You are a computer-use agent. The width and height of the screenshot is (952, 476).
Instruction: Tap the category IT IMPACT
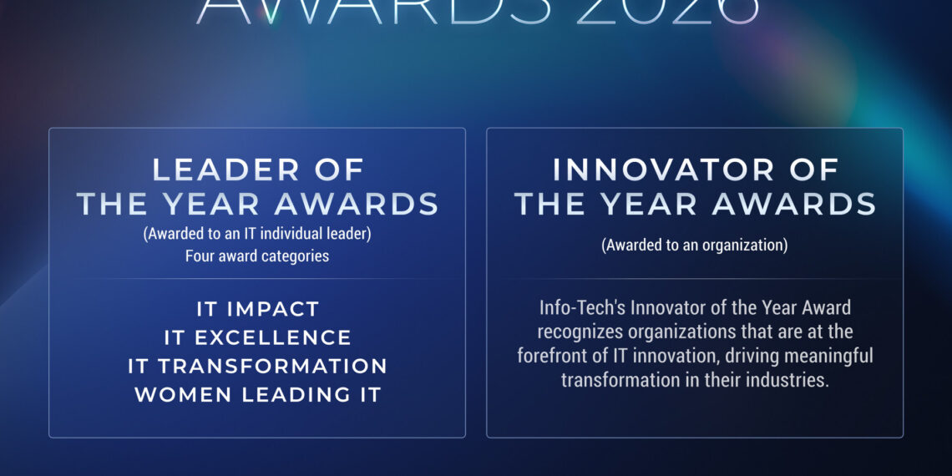[257, 309]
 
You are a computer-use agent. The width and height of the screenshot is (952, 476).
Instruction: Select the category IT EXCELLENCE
[257, 337]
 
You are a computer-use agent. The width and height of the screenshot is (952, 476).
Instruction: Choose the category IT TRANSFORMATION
[257, 366]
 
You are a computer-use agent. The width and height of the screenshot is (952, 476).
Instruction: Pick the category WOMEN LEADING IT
[257, 394]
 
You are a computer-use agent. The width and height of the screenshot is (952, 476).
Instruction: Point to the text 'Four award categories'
[257, 256]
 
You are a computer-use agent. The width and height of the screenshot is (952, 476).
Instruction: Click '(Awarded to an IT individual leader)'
[257, 235]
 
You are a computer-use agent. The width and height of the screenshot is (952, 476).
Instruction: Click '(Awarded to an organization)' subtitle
[695, 246]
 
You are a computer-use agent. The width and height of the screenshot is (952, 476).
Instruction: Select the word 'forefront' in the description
[551, 356]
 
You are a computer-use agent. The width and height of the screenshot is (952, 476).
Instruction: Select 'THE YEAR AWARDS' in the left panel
[257, 204]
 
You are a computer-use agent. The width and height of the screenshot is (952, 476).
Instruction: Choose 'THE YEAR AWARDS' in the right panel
[695, 204]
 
